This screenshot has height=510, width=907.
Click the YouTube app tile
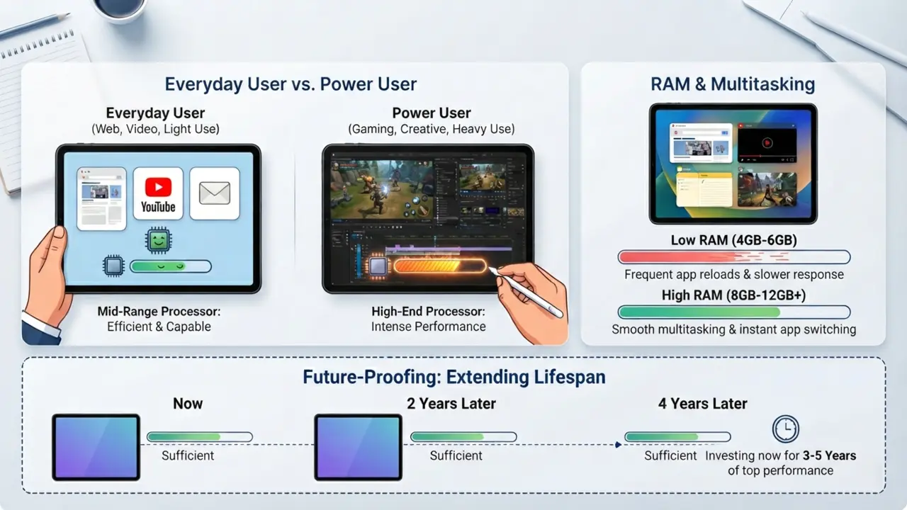158,193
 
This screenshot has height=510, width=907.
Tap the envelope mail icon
215,193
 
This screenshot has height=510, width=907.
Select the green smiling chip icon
158,240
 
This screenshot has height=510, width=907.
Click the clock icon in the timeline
786,429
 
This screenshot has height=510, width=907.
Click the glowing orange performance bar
440,266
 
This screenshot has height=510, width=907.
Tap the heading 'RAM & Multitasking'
733,84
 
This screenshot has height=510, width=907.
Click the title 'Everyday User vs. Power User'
291,84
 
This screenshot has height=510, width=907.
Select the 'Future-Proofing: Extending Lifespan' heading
454,377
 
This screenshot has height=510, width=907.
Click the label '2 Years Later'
451,404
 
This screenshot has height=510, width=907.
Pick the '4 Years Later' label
702,404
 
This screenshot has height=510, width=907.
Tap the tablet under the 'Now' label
96,447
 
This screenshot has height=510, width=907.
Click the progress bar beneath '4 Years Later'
677,437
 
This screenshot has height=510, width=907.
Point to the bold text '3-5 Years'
829,455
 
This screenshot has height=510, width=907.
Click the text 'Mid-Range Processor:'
159,311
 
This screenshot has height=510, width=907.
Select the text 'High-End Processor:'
428,311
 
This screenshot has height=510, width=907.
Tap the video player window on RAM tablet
767,143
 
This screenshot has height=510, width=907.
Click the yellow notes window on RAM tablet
704,189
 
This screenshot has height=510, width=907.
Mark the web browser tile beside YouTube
101,199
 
